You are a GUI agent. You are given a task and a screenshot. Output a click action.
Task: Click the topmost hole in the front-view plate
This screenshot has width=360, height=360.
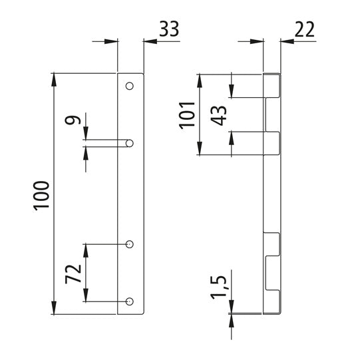[x=130, y=86]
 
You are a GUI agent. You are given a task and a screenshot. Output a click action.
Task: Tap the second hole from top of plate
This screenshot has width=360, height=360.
[x=130, y=142]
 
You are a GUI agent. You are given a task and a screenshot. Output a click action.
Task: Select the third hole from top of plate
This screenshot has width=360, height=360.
[x=130, y=245]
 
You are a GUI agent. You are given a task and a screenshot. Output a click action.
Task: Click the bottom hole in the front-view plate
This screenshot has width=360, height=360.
[x=130, y=301]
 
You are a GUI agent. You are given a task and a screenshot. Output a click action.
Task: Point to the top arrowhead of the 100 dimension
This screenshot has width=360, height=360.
[x=53, y=78]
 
